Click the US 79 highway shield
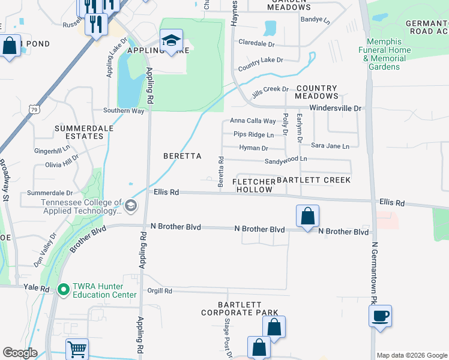[34, 109]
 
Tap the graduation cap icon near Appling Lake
[171, 41]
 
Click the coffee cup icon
[381, 316]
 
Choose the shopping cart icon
[77, 349]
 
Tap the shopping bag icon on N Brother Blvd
[307, 216]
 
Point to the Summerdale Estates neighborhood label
[80, 132]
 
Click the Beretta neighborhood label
[181, 155]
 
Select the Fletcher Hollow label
[254, 185]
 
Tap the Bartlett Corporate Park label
[240, 308]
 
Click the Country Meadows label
[317, 92]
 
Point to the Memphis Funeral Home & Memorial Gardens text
[385, 58]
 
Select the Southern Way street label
[124, 110]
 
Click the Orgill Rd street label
[160, 291]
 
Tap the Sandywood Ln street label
[286, 160]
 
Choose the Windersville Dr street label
[337, 108]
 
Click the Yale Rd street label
[37, 288]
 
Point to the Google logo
[20, 353]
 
